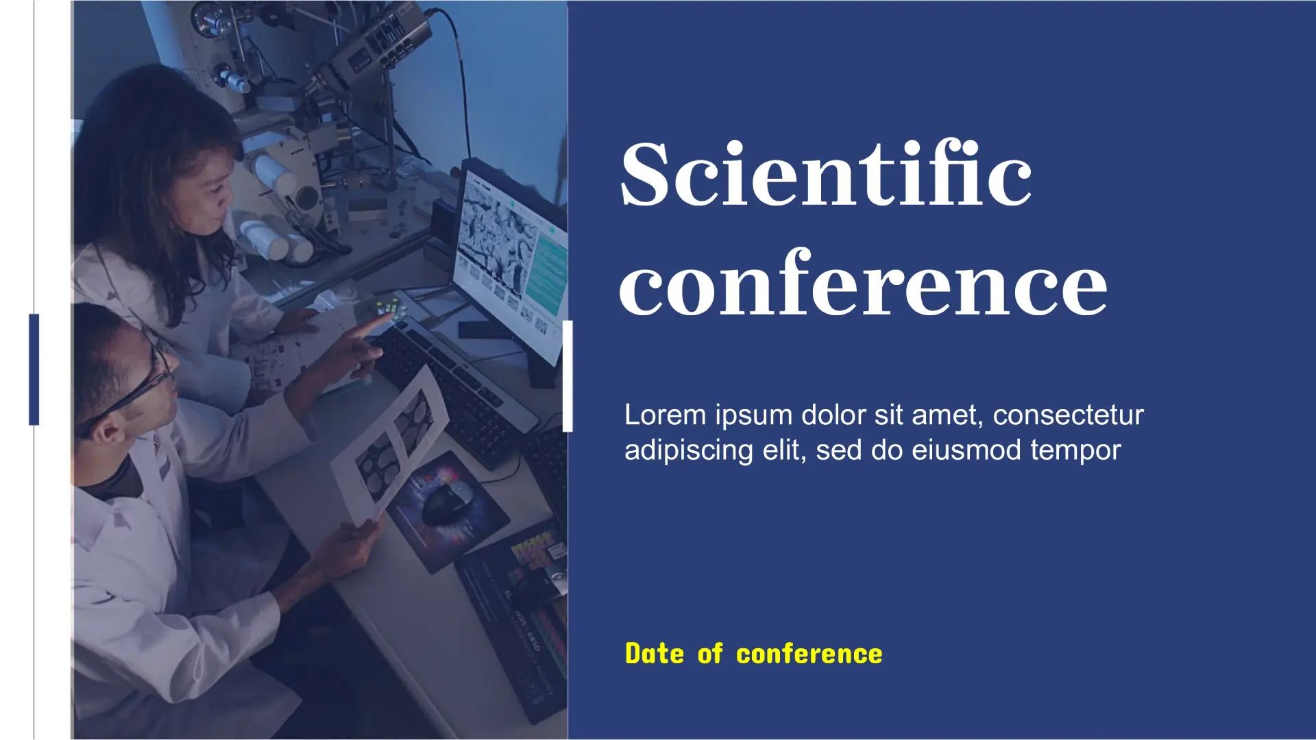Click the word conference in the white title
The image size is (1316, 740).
(863, 284)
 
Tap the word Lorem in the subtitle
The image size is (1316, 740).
(665, 415)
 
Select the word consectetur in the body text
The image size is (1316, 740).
(1068, 415)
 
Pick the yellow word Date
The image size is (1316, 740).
(655, 654)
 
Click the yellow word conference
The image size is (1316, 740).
(809, 654)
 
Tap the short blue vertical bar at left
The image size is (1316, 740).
(34, 369)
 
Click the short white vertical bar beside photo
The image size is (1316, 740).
(568, 376)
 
